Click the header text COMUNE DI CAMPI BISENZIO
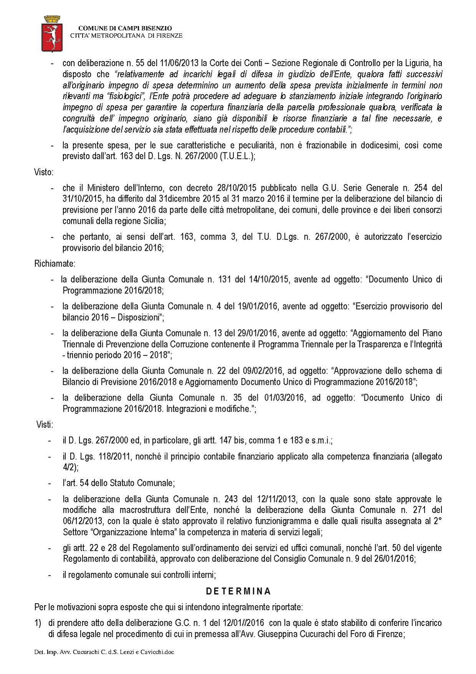point(125,28)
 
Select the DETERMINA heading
point(238,591)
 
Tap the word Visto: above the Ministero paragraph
point(43,172)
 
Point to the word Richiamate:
point(55,264)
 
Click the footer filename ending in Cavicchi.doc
point(104,652)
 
